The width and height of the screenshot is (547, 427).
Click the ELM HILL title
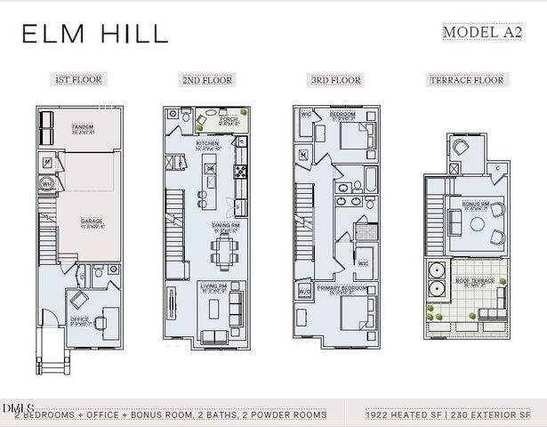94,34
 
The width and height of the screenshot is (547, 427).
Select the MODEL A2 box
482,32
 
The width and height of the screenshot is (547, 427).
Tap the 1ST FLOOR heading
79,80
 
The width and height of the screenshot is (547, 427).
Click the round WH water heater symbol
47,185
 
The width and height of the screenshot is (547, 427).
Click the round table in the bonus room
472,224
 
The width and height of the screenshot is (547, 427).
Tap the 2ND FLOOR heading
207,80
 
